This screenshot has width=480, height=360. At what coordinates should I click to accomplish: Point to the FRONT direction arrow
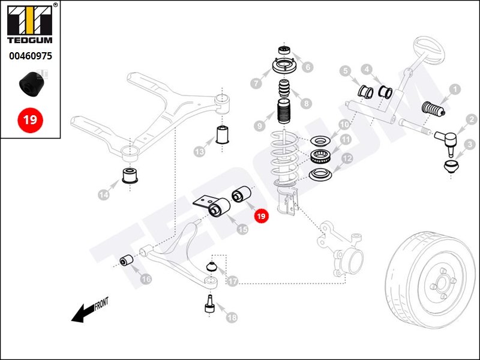tap(90, 310)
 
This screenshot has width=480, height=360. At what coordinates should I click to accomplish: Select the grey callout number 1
tap(455, 89)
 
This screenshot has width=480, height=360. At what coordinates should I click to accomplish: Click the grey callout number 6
tap(308, 67)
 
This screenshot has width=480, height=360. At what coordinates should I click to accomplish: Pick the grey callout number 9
tap(259, 127)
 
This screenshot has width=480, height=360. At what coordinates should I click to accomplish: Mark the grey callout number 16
tap(146, 279)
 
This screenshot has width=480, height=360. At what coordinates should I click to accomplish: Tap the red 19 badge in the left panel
tap(30, 119)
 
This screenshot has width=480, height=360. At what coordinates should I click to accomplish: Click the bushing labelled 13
tap(223, 135)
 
